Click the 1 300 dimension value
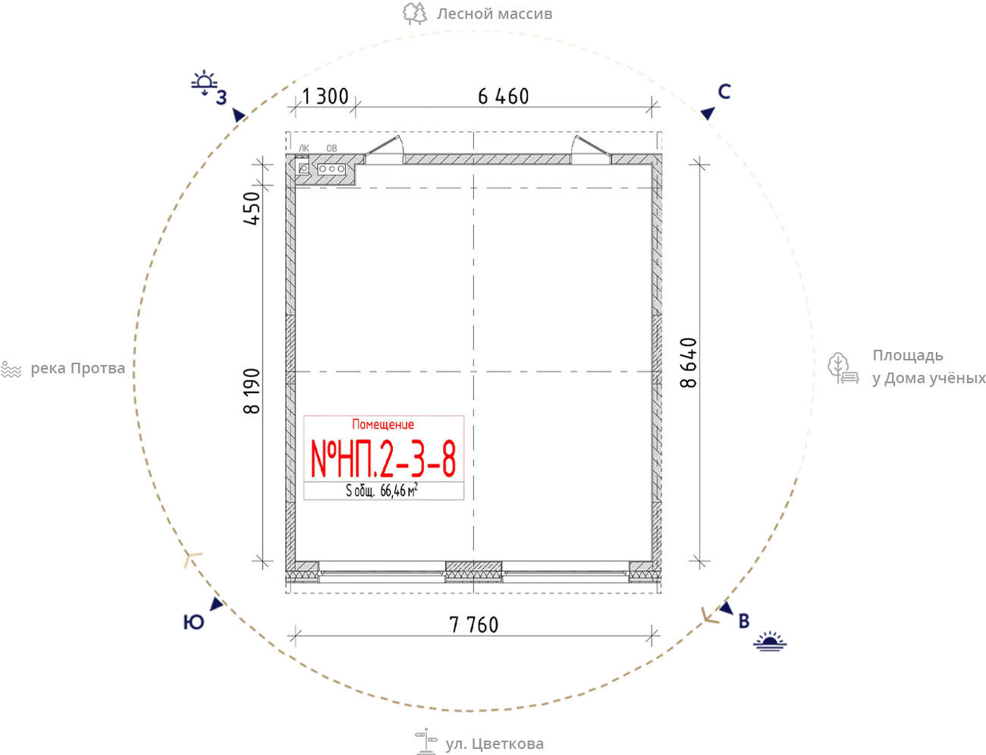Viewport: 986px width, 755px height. [325, 96]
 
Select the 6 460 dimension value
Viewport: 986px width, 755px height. [503, 96]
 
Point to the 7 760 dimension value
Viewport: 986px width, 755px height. [473, 625]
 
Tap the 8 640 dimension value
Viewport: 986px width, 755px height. [688, 362]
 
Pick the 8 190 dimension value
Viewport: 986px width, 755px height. [252, 391]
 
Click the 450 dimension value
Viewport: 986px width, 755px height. [252, 208]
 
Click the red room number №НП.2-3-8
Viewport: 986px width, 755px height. [383, 459]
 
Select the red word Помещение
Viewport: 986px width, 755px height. [383, 424]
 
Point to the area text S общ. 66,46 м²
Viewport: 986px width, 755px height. [382, 490]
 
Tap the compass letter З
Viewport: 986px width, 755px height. [221, 98]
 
